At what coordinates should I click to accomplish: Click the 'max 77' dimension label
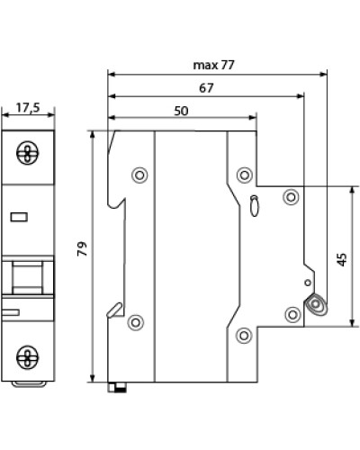[x=213, y=65]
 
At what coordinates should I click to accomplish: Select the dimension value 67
[x=206, y=88]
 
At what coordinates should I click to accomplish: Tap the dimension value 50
[x=181, y=111]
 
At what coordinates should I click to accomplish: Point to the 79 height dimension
[x=82, y=248]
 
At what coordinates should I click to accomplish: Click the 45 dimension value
[x=342, y=259]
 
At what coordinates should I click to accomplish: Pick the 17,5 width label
[x=28, y=108]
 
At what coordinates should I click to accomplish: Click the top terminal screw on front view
[x=28, y=153]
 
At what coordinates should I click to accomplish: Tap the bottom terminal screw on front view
[x=28, y=357]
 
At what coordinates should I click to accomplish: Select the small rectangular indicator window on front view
[x=19, y=217]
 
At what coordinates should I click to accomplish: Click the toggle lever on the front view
[x=27, y=277]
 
